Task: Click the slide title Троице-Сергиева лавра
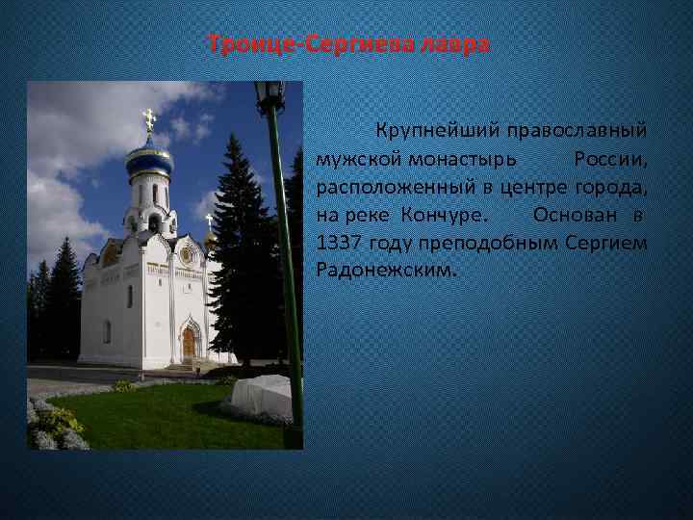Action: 349,45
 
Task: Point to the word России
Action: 609,157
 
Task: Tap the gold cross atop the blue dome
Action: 148,119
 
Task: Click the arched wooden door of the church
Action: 189,343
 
